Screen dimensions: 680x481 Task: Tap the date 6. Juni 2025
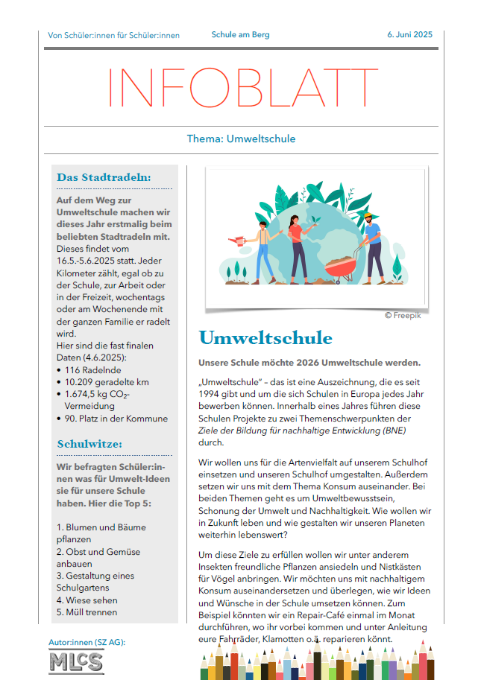[409, 35]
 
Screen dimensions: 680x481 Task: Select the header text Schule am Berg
[240, 35]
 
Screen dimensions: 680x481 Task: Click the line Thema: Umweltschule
[241, 139]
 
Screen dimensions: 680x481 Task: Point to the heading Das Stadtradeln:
[104, 177]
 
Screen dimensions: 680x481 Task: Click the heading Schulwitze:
[89, 445]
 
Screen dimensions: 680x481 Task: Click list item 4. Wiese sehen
[87, 600]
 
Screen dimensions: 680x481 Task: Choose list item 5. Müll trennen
[87, 612]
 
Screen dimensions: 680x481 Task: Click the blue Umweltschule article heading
[265, 338]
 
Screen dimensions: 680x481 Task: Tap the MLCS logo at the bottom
[76, 661]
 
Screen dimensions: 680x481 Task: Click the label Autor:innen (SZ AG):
[87, 641]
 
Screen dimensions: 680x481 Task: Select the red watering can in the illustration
[238, 241]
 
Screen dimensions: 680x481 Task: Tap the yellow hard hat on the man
[368, 215]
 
